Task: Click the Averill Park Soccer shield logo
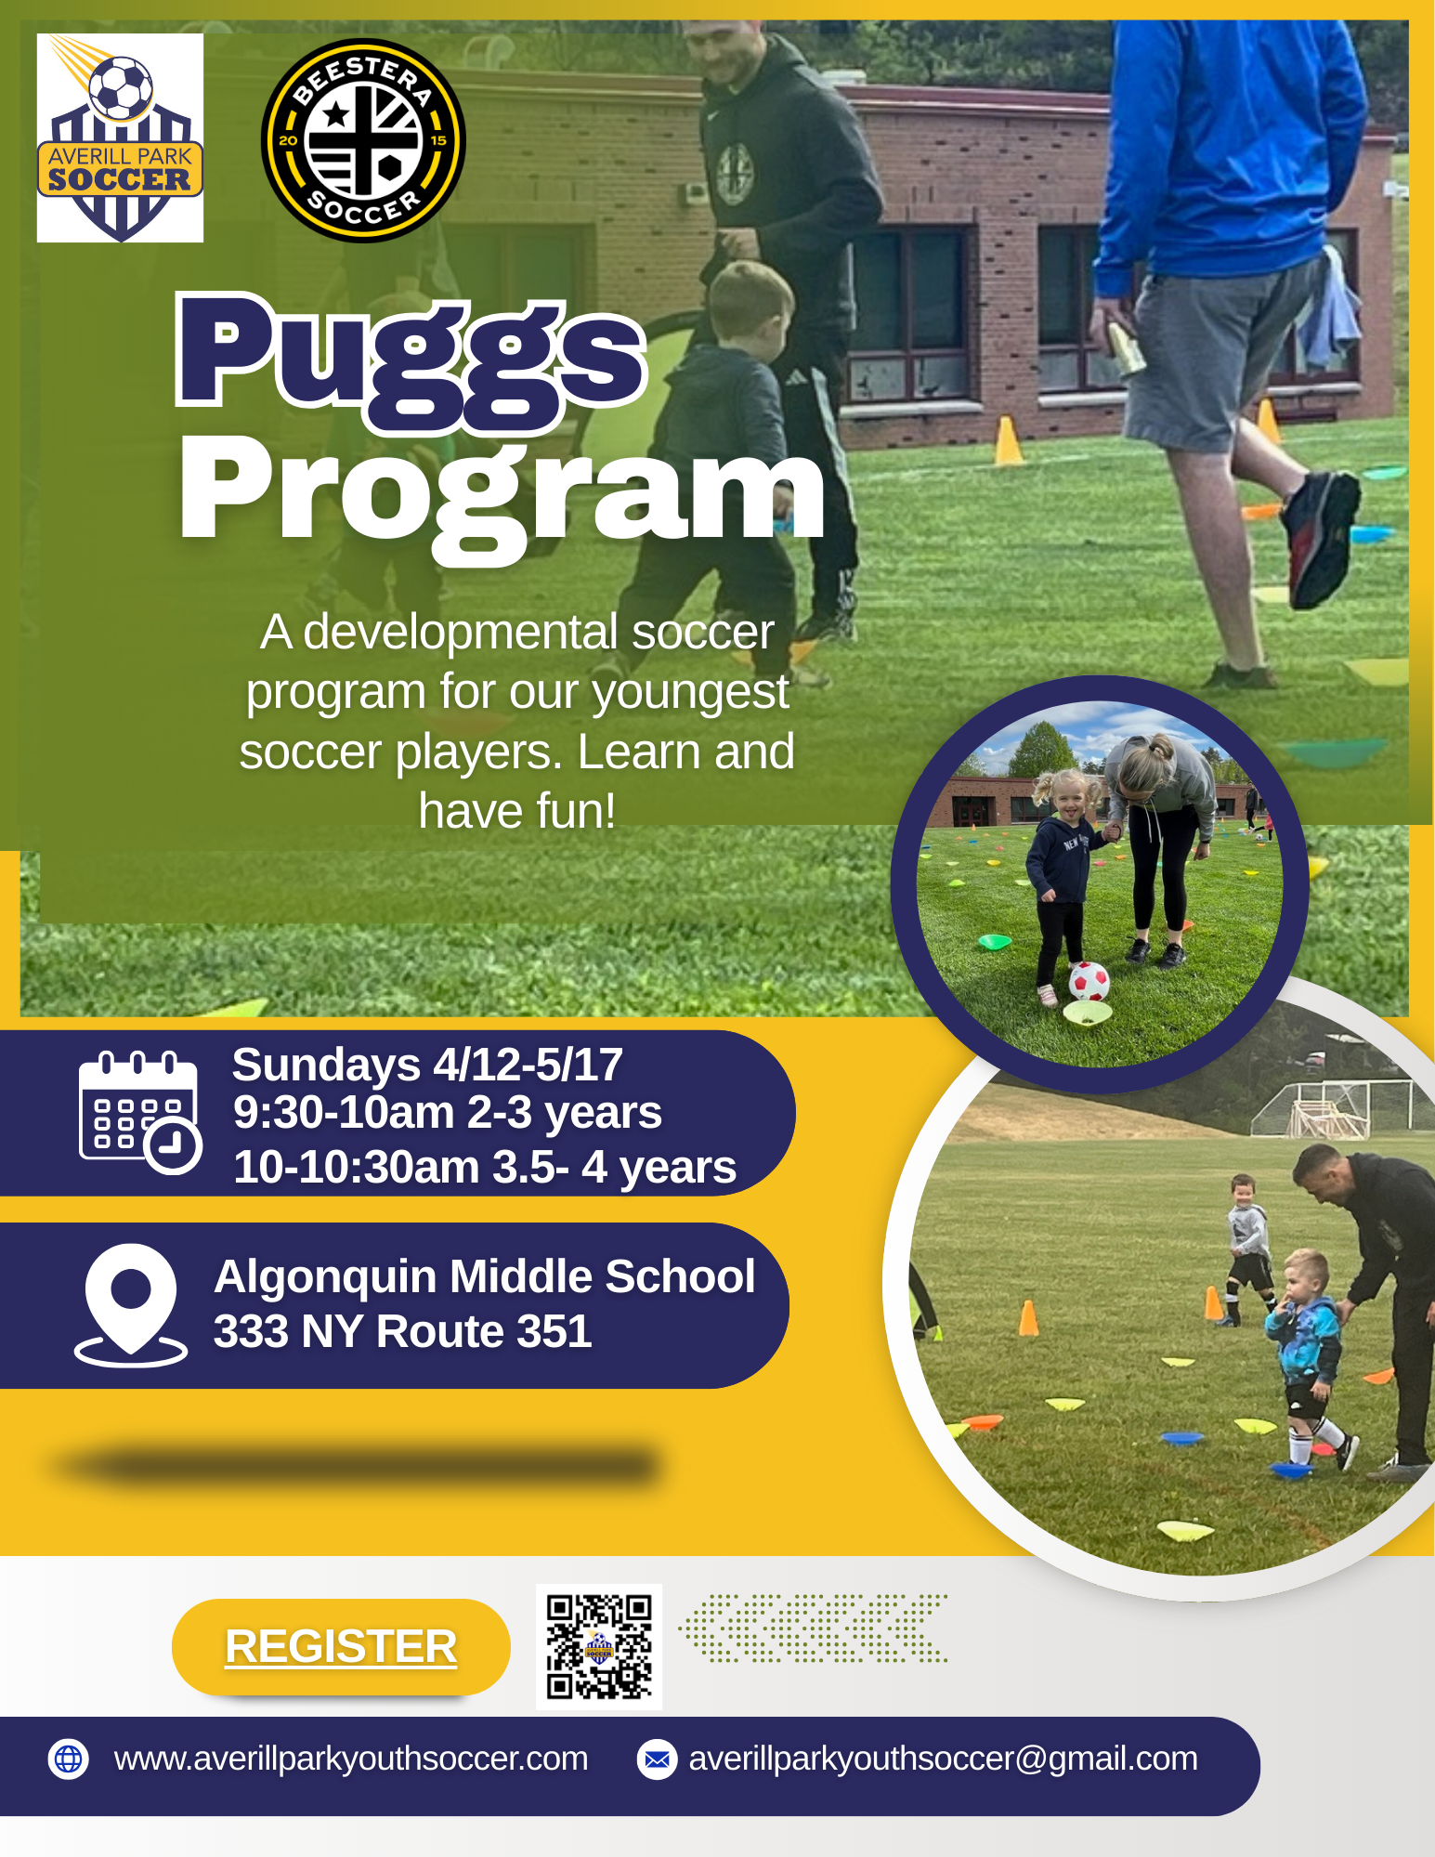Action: coord(120,138)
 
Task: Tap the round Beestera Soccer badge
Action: coord(363,140)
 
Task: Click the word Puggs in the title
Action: coord(411,363)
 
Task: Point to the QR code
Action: coord(599,1646)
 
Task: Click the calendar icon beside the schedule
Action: coord(140,1112)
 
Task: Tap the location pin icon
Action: coord(131,1305)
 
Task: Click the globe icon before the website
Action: coord(69,1759)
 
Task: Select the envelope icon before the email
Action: coord(657,1759)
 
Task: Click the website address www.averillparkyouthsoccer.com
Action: coord(351,1759)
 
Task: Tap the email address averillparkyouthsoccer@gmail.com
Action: coord(943,1759)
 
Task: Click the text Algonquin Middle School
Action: coord(485,1275)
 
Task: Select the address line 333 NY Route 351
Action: coord(402,1331)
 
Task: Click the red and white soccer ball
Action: coord(1089,981)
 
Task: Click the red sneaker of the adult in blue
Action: coord(1321,537)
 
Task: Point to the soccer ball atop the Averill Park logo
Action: coord(121,88)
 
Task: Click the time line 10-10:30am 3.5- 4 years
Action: coord(485,1167)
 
